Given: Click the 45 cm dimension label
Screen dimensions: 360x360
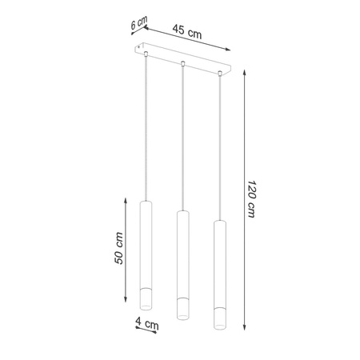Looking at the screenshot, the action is [187, 32].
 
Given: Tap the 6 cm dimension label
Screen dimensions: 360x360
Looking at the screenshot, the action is [139, 22].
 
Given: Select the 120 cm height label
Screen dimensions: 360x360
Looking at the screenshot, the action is [251, 198].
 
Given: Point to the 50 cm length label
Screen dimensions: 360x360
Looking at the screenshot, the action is [118, 248].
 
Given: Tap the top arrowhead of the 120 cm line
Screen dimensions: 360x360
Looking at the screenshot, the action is [244, 72].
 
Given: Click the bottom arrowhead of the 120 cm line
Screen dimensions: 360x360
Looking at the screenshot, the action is [244, 328].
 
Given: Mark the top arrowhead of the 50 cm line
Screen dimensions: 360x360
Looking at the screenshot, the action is [126, 200].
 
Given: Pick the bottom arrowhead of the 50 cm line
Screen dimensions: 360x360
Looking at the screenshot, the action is [126, 300].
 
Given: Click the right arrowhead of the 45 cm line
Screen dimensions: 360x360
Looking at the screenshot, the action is [228, 49].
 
